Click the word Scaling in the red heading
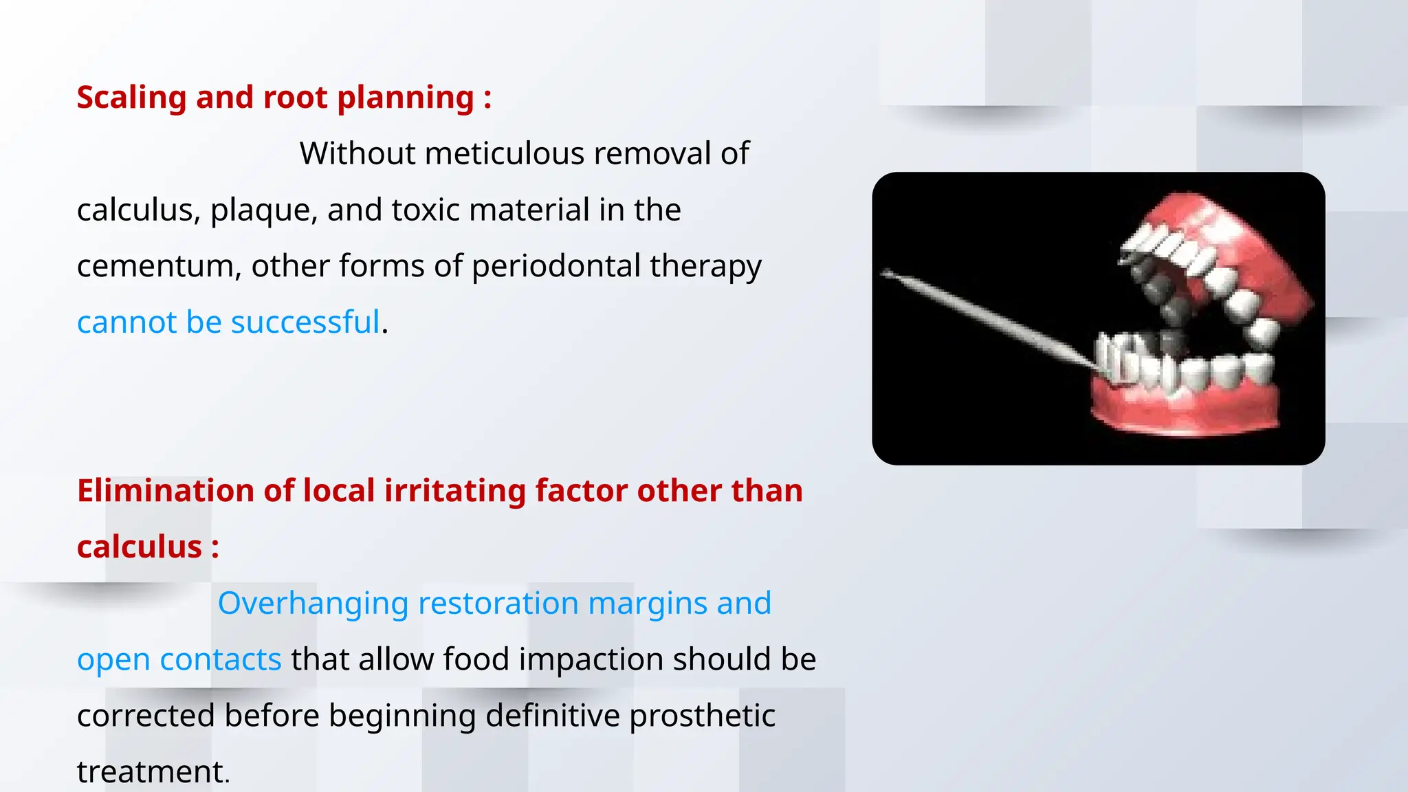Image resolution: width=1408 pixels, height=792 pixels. (131, 98)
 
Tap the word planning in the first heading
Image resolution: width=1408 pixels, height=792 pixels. (406, 98)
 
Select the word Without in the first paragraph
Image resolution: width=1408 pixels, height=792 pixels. (357, 153)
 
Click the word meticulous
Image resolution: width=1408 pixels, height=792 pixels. (505, 153)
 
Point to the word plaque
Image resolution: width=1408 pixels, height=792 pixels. (263, 210)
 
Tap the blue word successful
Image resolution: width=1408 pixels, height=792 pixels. (305, 322)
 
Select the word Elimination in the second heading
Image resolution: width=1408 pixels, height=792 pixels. (166, 491)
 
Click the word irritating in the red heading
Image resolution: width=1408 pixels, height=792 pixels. (455, 491)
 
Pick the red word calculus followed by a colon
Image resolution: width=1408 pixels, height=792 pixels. (139, 547)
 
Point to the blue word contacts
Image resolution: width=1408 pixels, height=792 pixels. (220, 660)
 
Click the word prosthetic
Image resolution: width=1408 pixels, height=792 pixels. (701, 716)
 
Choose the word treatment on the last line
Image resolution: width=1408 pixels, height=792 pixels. (151, 772)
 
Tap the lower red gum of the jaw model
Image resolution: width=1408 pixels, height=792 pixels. (1182, 412)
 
